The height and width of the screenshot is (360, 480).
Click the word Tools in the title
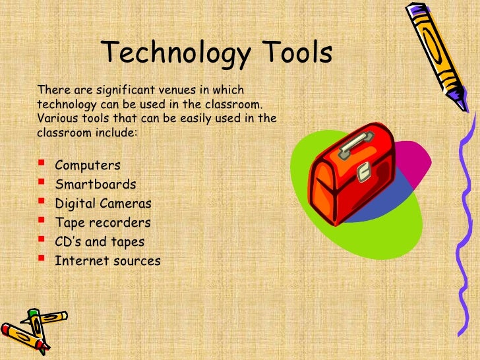293,55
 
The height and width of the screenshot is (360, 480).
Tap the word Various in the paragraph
56,118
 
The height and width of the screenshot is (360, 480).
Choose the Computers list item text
88,165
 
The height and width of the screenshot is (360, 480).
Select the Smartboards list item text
95,184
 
